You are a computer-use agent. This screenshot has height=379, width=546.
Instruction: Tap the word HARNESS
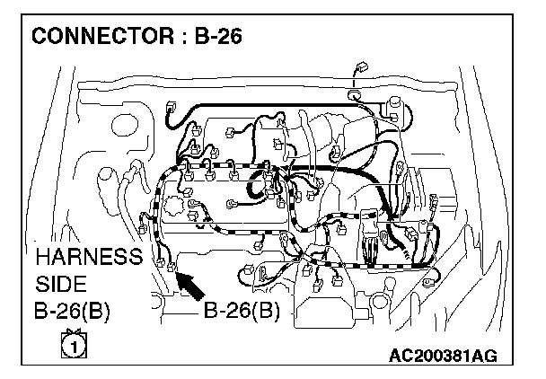[x=88, y=258]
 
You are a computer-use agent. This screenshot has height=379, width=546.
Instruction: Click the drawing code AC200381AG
[x=442, y=357]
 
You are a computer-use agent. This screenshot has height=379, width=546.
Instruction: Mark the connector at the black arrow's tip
[x=164, y=265]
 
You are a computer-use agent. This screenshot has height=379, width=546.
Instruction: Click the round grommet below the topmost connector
[x=354, y=93]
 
